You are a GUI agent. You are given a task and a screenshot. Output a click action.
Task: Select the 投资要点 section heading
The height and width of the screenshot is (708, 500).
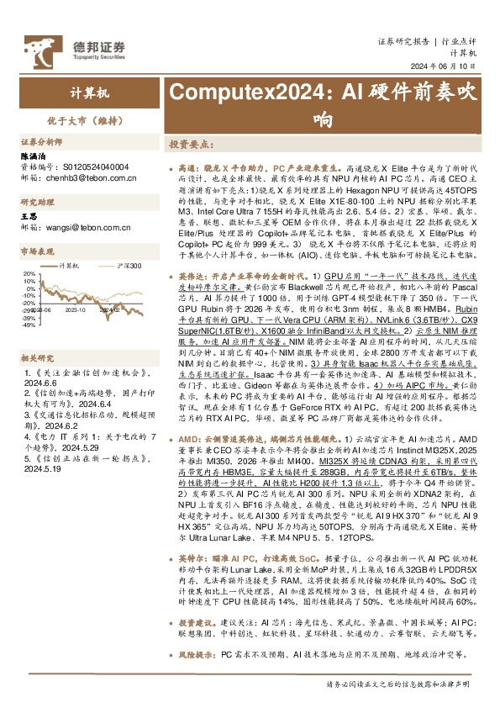pos(192,145)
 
